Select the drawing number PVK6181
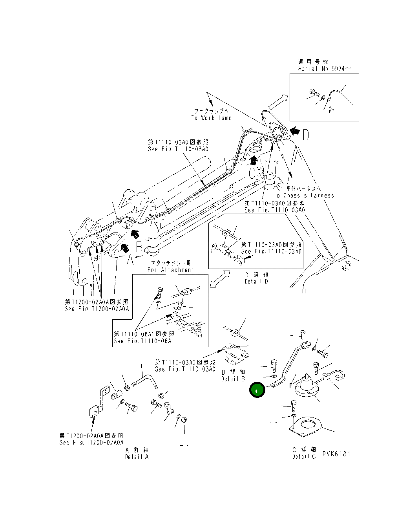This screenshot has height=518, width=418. coord(336,454)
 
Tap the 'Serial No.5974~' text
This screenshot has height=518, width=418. coord(324,68)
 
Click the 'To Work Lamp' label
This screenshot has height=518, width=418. coord(211,118)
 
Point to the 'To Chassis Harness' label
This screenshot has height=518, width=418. coord(303,195)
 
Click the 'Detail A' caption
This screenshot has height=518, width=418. coord(137,456)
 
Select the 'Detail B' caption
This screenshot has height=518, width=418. coord(233,379)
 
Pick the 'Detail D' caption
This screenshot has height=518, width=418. coord(256,281)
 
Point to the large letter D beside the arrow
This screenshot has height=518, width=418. coord(305,135)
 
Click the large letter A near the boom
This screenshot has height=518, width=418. coord(130,260)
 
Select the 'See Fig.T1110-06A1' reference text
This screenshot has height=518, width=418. coord(144,341)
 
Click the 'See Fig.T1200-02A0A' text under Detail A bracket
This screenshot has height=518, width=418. coord(91,442)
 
